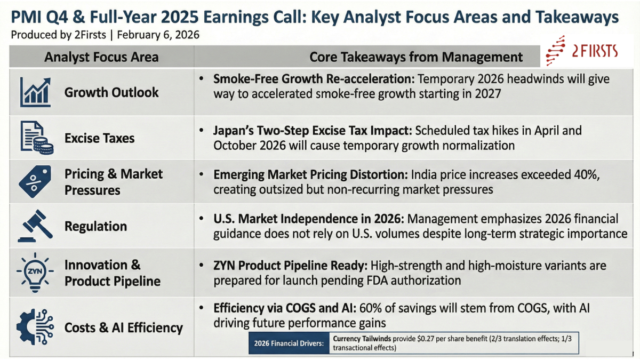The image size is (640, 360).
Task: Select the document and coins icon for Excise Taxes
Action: (37, 138)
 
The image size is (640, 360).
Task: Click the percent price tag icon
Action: (35, 181)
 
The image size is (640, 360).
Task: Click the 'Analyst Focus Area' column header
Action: (101, 57)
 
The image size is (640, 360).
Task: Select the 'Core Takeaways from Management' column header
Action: (416, 57)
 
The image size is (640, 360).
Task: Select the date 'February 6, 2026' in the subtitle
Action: (158, 36)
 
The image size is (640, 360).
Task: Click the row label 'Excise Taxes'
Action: (99, 138)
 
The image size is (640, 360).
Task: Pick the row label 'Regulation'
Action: (95, 226)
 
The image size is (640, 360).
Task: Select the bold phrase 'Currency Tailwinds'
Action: (363, 339)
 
